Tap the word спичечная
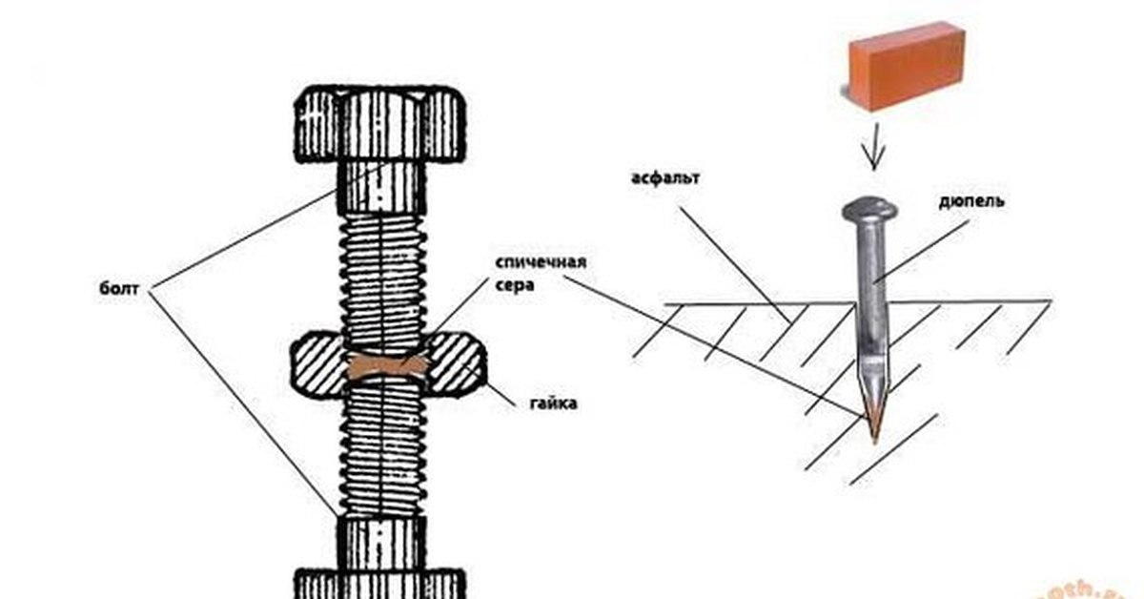(540, 262)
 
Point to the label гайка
(553, 403)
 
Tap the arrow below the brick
(874, 149)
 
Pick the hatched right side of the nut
(455, 365)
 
